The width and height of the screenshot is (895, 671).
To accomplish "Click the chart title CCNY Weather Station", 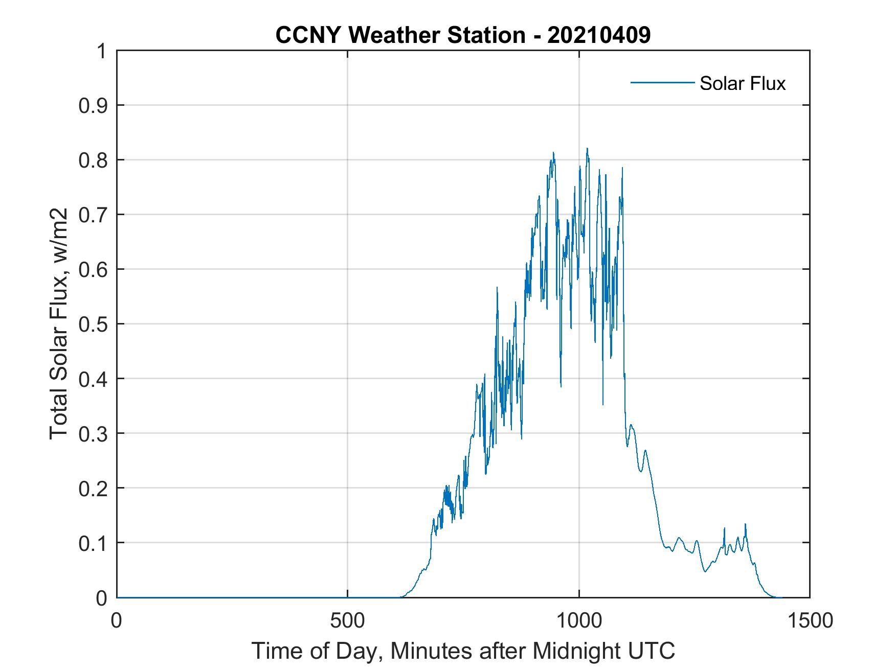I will click(x=400, y=35).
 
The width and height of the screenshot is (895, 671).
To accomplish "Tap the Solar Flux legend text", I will click(x=742, y=83).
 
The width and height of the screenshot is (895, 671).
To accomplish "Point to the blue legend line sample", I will click(x=662, y=82).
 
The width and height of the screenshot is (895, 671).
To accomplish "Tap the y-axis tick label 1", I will click(x=102, y=51).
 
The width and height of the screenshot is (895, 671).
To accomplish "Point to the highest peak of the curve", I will click(x=587, y=149).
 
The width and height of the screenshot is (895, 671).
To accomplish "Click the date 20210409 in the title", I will click(x=599, y=35).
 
